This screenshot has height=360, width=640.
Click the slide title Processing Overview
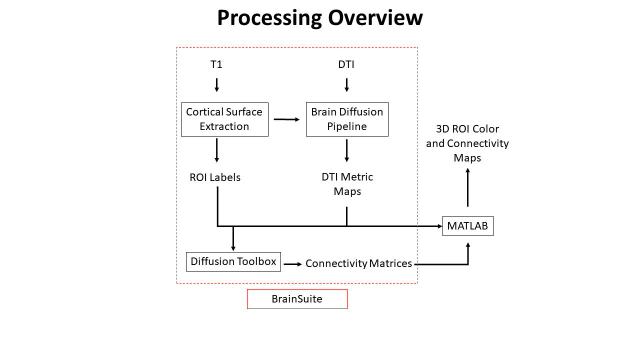pos(320,18)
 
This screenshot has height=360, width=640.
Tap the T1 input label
pos(216,64)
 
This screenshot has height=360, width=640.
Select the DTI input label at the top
pos(346,64)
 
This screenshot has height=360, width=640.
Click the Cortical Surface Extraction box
pos(224,119)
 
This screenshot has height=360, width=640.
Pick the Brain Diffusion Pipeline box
pos(347,119)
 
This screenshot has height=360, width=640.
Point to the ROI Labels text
pos(215,177)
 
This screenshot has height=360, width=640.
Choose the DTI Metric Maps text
pos(347,184)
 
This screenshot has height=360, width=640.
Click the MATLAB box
pos(467,226)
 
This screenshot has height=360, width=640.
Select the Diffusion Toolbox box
pos(233,261)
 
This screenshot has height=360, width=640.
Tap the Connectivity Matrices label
pos(358,263)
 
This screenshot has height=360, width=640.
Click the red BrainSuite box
pos(297,299)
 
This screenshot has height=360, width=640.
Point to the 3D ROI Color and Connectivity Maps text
pos(467,143)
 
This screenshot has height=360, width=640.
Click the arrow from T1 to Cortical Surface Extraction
pos(216,84)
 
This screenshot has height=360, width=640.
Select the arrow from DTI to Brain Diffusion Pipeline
pos(346,84)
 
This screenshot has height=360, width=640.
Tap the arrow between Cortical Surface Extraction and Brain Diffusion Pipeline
pos(286,119)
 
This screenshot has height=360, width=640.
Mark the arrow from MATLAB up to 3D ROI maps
pos(467,187)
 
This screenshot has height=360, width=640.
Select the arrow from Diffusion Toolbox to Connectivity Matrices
pos(293,263)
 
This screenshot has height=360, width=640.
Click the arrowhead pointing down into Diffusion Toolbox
pos(233,247)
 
